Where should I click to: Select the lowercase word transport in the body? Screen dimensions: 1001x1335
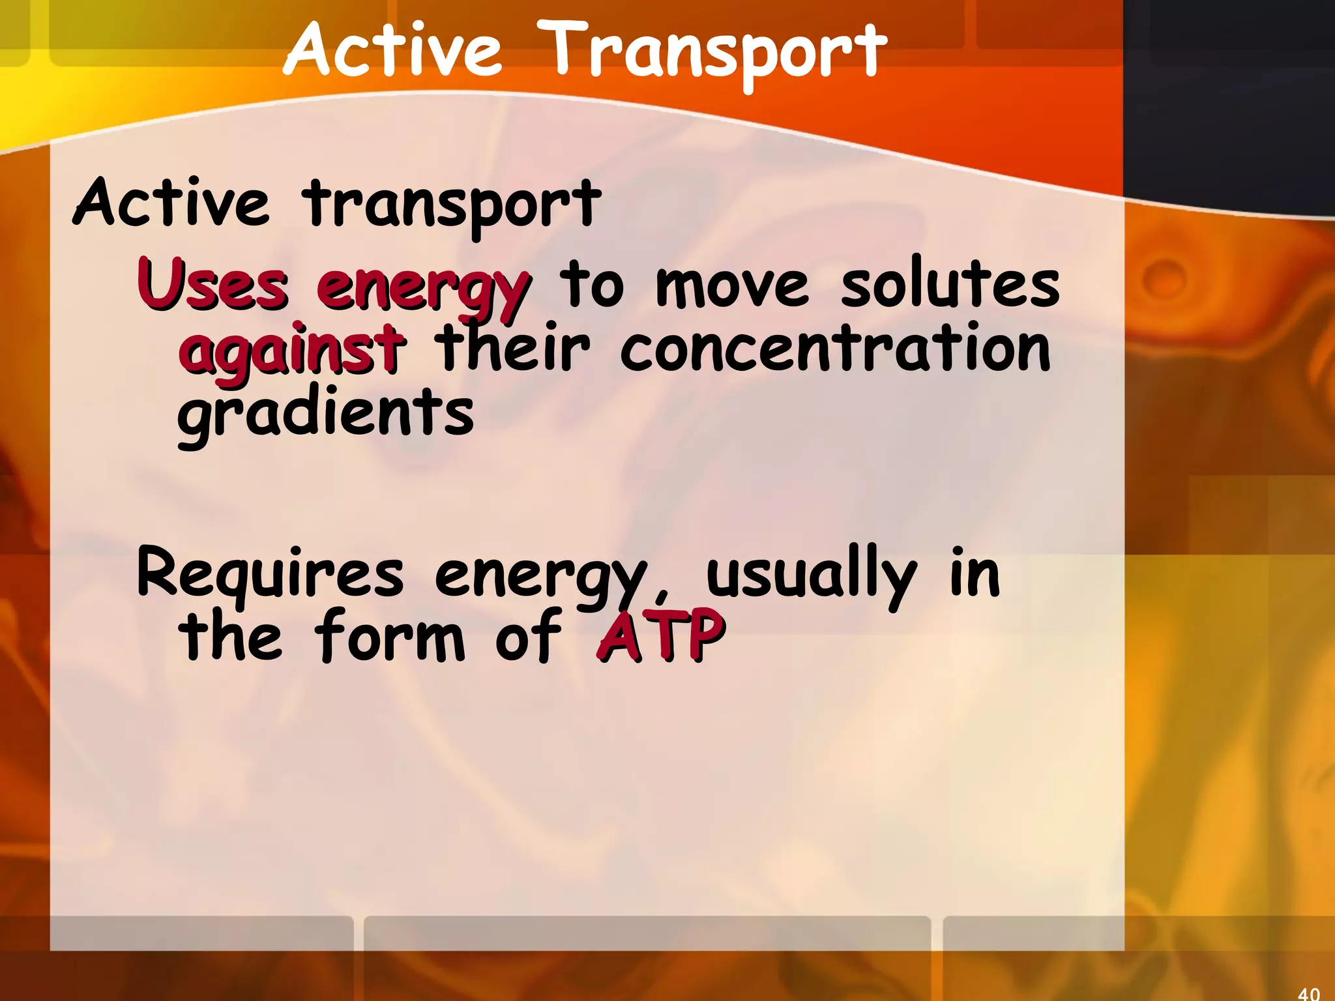click(451, 205)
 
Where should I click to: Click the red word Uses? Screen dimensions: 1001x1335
click(213, 285)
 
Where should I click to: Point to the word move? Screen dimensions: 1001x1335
click(732, 287)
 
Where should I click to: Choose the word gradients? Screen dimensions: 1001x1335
click(325, 414)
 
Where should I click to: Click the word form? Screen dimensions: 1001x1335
click(389, 636)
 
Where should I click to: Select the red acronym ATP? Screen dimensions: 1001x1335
click(660, 636)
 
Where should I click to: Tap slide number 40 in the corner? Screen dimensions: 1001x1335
click(1308, 993)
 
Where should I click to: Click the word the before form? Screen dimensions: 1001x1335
click(230, 636)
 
